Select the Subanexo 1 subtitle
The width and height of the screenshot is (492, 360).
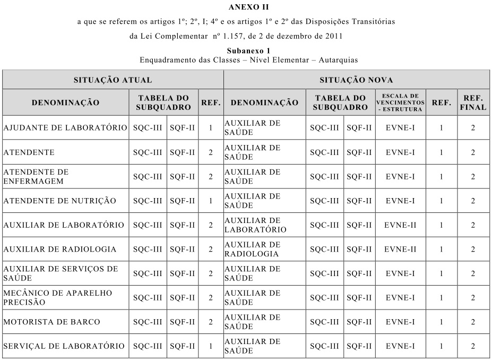tap(248, 51)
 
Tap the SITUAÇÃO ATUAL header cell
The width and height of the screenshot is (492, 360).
tap(113, 80)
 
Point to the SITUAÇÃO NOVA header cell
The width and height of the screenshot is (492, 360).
tap(356, 80)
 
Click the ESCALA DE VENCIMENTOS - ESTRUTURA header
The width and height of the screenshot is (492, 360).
tap(401, 102)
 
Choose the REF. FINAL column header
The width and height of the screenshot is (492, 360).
tap(472, 102)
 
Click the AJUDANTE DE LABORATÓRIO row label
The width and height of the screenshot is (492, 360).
tap(65, 128)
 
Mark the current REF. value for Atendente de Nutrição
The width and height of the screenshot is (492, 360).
tap(211, 201)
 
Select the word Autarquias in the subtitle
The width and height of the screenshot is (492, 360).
tap(338, 60)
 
